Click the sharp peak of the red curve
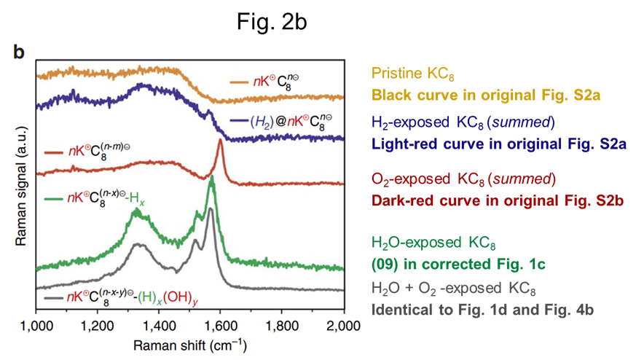(220, 141)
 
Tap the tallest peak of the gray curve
(211, 209)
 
